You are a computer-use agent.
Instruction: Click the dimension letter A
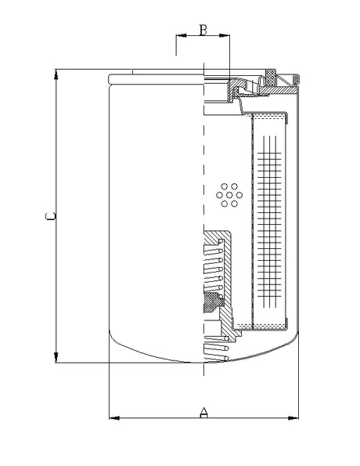[204, 411]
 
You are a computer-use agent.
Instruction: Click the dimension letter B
[203, 31]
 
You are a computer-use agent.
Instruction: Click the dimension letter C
[49, 217]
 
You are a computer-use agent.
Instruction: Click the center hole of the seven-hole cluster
[229, 194]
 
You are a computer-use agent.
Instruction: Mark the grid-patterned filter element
[271, 219]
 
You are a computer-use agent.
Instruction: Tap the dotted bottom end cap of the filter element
[264, 323]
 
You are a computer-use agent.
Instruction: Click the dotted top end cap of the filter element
[270, 116]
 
